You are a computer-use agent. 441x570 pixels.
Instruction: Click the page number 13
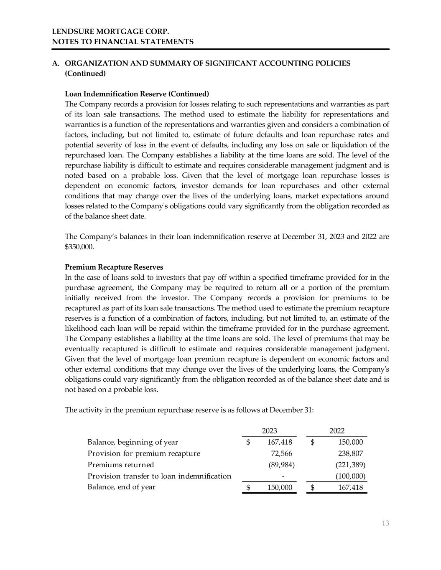385,523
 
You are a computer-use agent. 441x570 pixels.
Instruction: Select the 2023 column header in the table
269,431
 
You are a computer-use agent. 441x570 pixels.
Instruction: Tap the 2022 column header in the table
337,431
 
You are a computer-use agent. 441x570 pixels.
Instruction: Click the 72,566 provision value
281,453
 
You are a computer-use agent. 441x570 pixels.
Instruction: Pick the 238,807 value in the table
350,453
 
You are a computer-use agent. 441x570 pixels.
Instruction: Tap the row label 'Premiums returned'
120,465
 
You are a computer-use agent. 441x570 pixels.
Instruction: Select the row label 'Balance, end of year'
121,487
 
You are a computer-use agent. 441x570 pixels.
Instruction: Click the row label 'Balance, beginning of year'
133,442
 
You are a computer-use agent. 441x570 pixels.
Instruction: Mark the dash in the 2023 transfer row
283,476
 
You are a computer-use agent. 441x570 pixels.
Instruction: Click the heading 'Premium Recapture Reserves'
114,267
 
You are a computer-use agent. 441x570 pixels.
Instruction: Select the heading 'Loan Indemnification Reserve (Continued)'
137,94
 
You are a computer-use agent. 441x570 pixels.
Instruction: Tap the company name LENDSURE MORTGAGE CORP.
111,32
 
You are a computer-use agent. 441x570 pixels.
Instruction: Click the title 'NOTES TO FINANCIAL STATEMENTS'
122,42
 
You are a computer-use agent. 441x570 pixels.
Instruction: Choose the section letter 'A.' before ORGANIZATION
55,63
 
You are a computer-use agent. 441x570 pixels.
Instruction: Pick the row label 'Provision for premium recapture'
144,453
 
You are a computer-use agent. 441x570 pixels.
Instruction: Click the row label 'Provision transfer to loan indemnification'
159,476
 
